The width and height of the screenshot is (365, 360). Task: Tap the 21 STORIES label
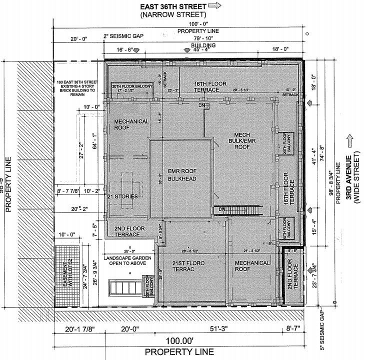click(x=122, y=196)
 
